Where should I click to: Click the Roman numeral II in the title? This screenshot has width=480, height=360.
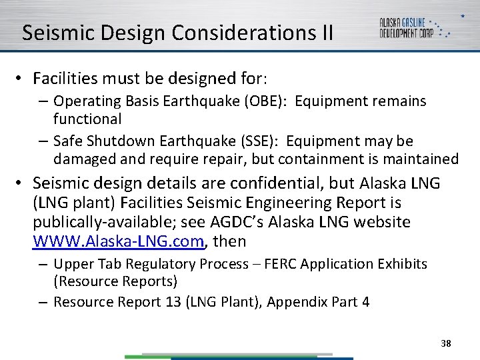tap(323, 33)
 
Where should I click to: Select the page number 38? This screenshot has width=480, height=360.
tap(446, 343)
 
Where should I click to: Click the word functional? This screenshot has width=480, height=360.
tap(87, 119)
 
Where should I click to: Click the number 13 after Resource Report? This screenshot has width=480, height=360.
tap(171, 302)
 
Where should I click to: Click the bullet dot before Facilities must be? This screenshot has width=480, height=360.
tap(21, 79)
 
